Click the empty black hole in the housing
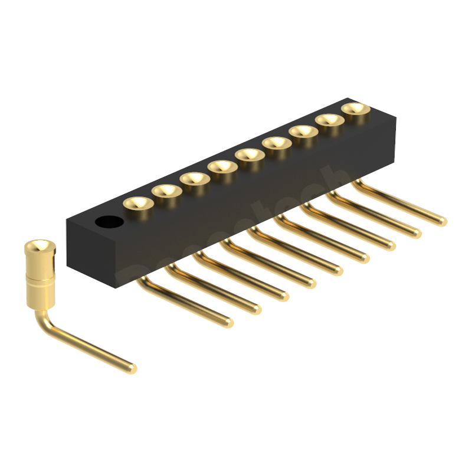(x=109, y=222)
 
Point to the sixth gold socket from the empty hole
(x=277, y=143)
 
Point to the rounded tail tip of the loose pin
(x=132, y=369)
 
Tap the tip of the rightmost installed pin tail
(x=442, y=221)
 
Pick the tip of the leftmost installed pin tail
(x=228, y=323)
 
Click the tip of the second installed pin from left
(x=256, y=309)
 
